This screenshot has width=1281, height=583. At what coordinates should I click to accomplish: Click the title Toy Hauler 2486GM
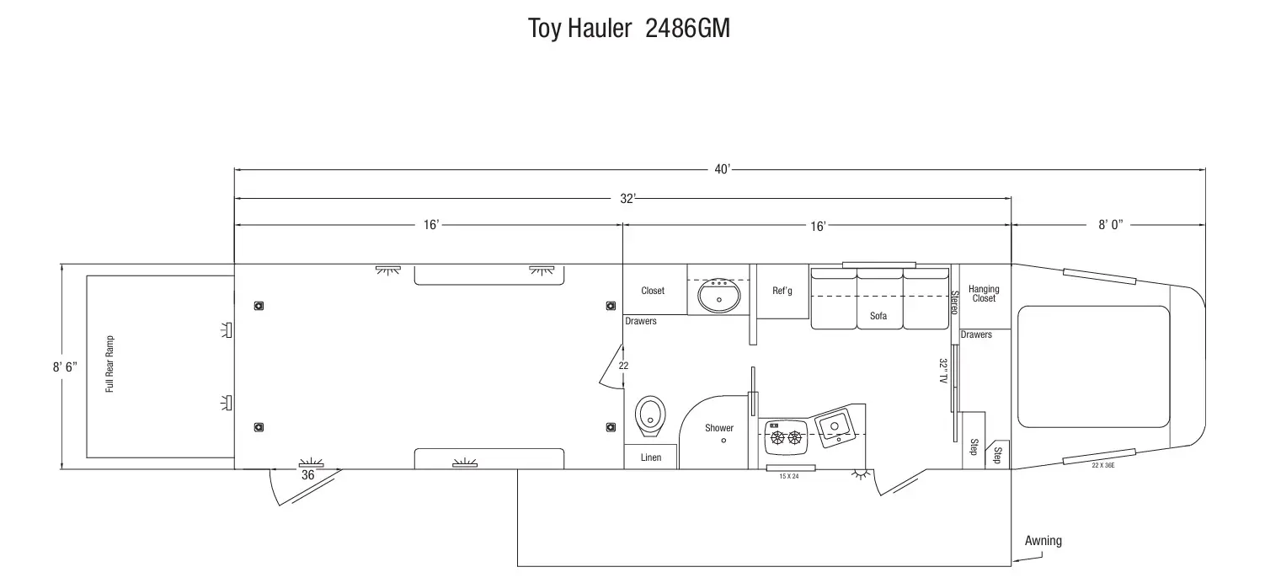(x=628, y=28)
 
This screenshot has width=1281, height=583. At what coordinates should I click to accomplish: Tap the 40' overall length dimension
(x=722, y=169)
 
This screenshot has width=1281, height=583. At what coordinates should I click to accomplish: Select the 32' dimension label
(x=627, y=199)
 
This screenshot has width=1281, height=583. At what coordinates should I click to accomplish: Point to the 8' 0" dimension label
(x=1111, y=225)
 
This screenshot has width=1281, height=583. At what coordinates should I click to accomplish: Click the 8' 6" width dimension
(x=65, y=366)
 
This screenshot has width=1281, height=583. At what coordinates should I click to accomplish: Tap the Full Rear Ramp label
(x=109, y=364)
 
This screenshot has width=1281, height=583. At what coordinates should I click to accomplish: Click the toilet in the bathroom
(x=650, y=416)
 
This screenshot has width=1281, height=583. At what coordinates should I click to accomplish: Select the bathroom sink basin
(x=719, y=295)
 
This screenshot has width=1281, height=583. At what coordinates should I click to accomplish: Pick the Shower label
(x=719, y=428)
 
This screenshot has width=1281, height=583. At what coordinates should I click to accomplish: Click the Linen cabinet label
(x=651, y=457)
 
